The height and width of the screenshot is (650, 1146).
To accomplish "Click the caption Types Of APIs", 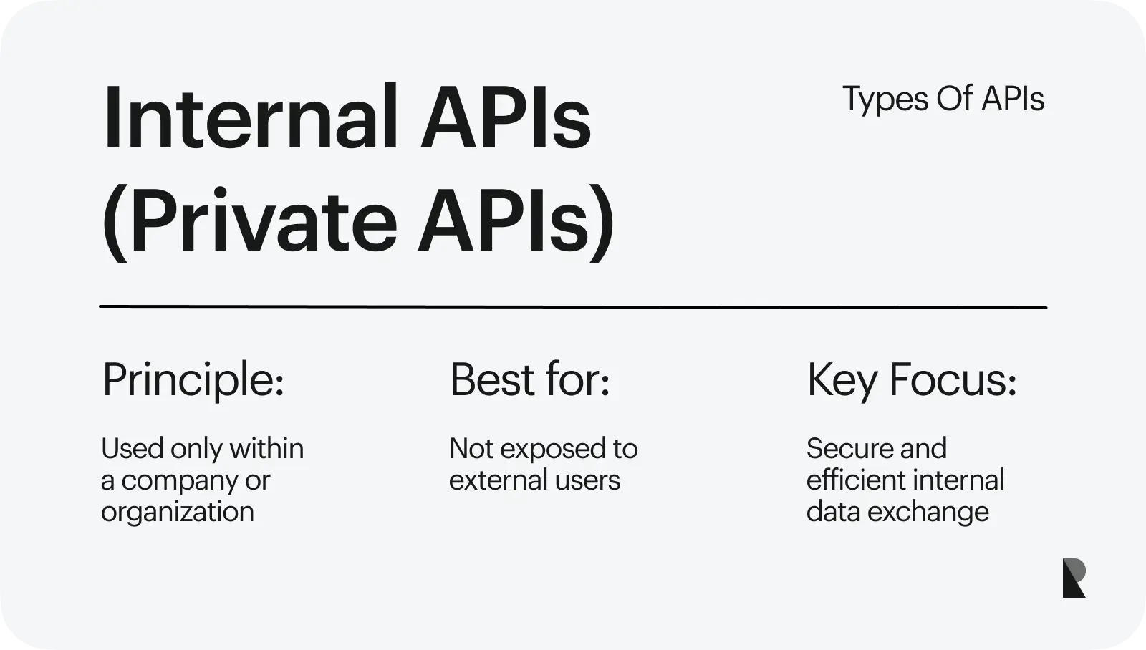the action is [x=943, y=100].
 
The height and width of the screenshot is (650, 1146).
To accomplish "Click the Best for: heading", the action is [x=529, y=380].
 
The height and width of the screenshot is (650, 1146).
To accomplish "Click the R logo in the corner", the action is [x=1074, y=578].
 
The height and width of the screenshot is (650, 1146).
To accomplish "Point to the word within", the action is [x=266, y=449].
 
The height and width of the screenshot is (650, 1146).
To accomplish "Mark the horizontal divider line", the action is [x=573, y=307].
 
